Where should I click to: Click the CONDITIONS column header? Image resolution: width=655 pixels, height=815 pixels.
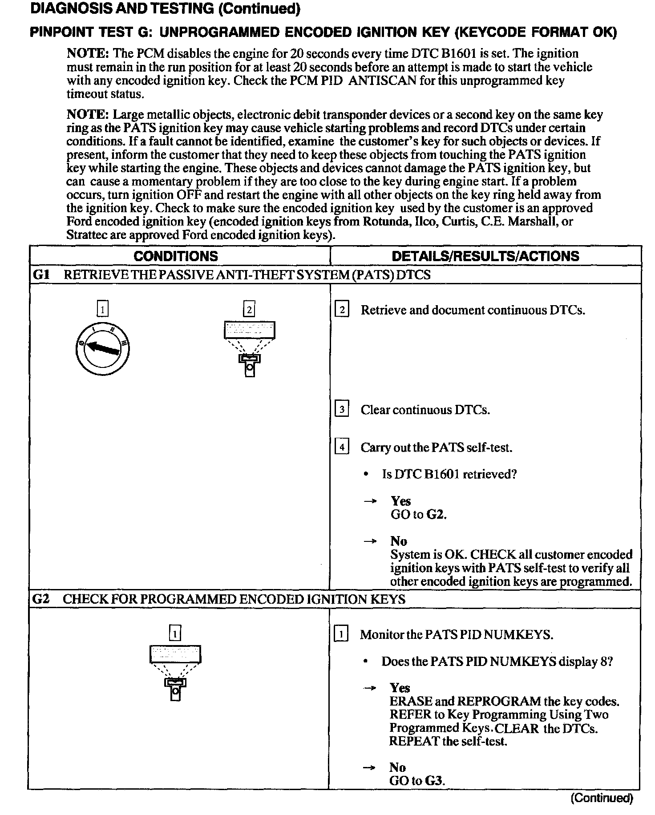tap(176, 256)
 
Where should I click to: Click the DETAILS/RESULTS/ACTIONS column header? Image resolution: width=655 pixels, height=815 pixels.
tap(485, 256)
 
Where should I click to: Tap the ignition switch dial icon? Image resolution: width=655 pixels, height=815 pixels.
tap(102, 348)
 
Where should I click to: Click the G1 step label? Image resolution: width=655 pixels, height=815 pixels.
tap(41, 275)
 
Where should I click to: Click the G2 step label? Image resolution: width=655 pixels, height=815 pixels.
tap(41, 599)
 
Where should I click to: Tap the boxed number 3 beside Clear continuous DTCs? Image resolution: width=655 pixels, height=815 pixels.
tap(341, 409)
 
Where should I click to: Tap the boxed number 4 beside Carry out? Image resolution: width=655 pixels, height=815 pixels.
tap(341, 447)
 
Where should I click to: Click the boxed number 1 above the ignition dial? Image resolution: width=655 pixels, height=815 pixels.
tap(102, 309)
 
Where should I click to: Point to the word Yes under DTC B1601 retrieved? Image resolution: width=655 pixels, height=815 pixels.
tap(400, 501)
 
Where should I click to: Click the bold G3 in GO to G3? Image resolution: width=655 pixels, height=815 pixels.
tap(435, 780)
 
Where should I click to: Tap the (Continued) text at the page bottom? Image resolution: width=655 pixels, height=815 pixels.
tap(602, 798)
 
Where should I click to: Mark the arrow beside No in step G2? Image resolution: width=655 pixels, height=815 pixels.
tap(370, 767)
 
